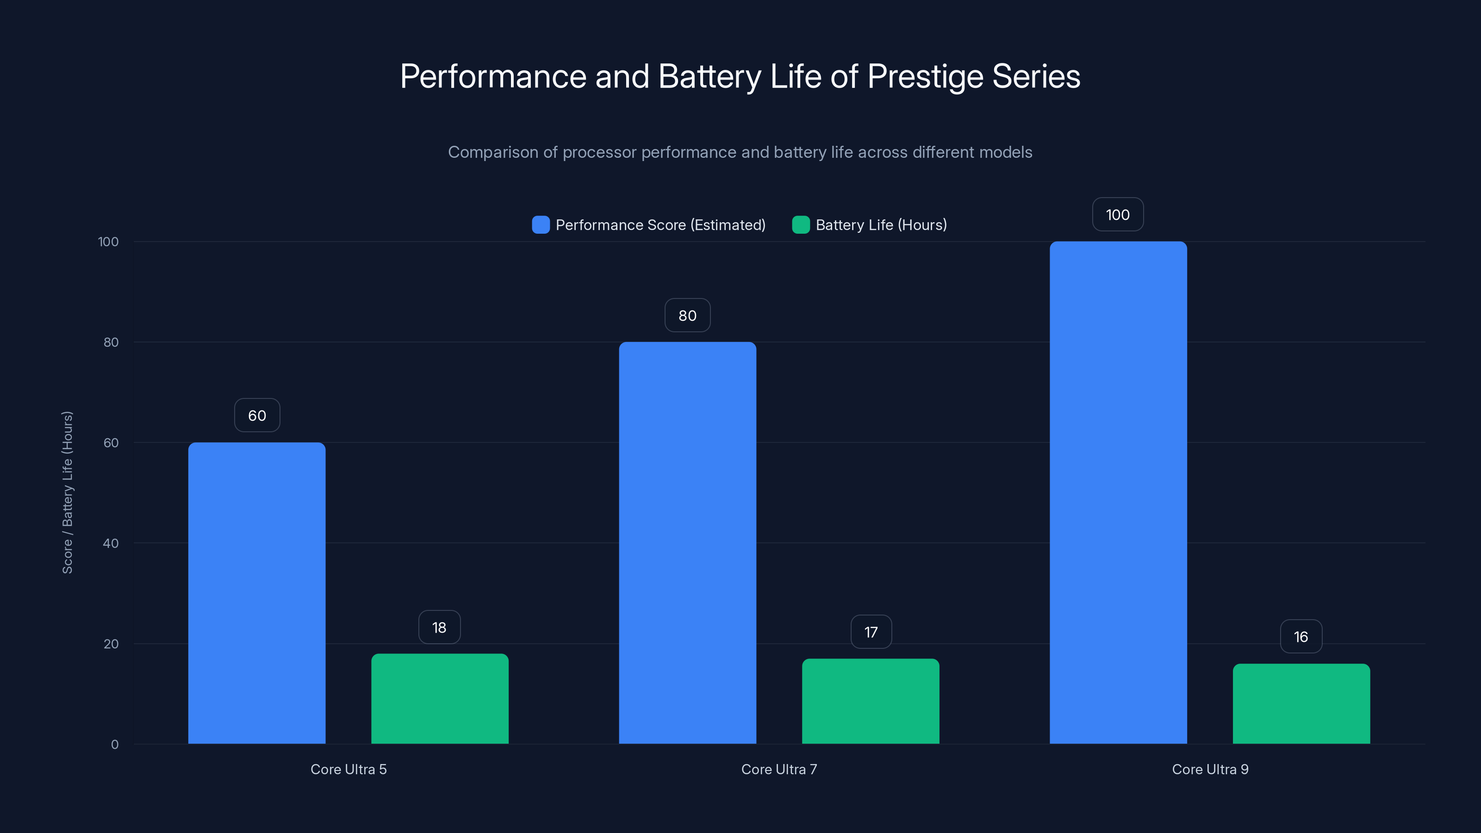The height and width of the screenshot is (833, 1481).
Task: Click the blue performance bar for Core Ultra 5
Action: tap(256, 592)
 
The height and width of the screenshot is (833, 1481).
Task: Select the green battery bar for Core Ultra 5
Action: tap(440, 698)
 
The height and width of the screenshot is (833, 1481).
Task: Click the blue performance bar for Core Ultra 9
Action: tap(1118, 492)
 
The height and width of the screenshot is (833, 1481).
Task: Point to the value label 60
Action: tap(257, 416)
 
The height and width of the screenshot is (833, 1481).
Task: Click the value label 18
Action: tap(439, 627)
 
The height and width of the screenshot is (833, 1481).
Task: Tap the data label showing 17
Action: tap(871, 632)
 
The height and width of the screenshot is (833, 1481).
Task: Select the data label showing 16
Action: tap(1301, 637)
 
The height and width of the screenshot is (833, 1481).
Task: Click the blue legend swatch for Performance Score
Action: tap(541, 225)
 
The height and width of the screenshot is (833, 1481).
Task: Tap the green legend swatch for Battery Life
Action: tap(800, 225)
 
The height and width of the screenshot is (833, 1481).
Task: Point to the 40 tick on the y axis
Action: tap(111, 543)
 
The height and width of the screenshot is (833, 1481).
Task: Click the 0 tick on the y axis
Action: tap(114, 745)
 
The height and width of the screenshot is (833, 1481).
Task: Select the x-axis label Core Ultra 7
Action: tap(779, 769)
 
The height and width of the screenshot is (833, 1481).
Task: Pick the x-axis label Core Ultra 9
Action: tap(1210, 769)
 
